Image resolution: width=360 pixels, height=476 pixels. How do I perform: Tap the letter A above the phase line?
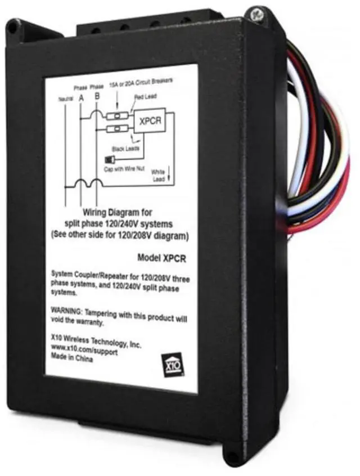82,97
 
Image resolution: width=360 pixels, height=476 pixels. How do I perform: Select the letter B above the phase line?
98,97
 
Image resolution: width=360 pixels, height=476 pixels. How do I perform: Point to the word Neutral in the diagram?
66,100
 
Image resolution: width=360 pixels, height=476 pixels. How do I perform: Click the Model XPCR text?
162,257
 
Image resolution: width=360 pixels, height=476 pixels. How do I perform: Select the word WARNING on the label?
67,310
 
